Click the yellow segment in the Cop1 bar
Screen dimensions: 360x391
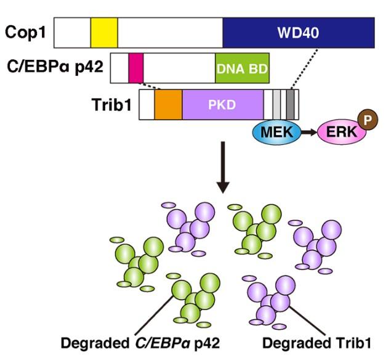[103, 33]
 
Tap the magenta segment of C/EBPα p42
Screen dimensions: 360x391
[135, 68]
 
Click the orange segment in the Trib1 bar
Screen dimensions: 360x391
[168, 104]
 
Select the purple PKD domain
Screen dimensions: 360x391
[223, 104]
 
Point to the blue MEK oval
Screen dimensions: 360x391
[275, 131]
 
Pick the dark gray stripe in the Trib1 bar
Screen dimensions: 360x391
[291, 104]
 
